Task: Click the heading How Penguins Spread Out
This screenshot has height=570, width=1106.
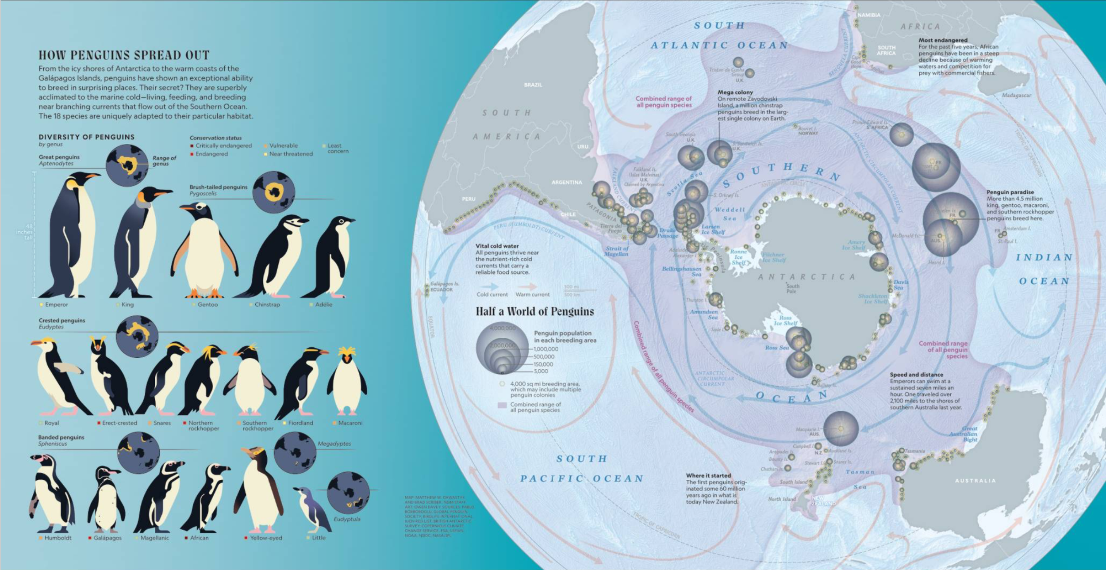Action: click(124, 55)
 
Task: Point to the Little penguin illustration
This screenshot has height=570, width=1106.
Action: click(312, 509)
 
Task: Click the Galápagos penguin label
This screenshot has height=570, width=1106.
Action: click(107, 538)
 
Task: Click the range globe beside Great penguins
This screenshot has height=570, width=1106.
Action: click(127, 165)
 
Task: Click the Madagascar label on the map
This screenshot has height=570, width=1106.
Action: click(1016, 95)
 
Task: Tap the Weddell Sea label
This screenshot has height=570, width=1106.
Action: click(730, 214)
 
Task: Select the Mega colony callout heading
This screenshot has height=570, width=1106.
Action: click(735, 92)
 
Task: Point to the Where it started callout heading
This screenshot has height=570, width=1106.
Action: click(708, 475)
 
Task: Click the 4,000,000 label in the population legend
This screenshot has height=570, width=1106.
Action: click(502, 328)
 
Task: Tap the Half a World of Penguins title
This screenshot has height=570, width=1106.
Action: click(534, 311)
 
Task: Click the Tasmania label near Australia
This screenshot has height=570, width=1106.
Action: click(915, 451)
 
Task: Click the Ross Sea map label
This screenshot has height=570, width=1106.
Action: click(777, 348)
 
